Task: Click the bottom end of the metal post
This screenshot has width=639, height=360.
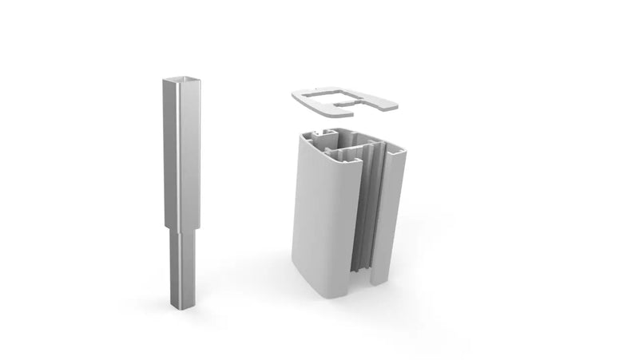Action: point(178,306)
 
